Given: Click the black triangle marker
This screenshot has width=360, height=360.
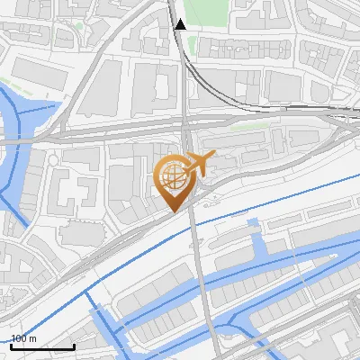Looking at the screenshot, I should pos(181,24).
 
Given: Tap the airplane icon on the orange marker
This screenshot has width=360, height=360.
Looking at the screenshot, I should pos(199,166).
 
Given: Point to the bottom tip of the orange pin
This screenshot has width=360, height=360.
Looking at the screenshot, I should pos(174,212).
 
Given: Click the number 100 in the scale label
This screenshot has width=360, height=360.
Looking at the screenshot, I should pos(21,338).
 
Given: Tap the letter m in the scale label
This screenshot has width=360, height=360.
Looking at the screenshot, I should pos(33,338).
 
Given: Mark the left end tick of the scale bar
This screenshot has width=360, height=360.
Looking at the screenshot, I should pos(10,346).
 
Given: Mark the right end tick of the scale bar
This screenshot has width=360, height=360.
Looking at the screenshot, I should pos(74,346).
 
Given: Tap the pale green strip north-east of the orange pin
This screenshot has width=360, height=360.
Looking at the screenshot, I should pos(247,127).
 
